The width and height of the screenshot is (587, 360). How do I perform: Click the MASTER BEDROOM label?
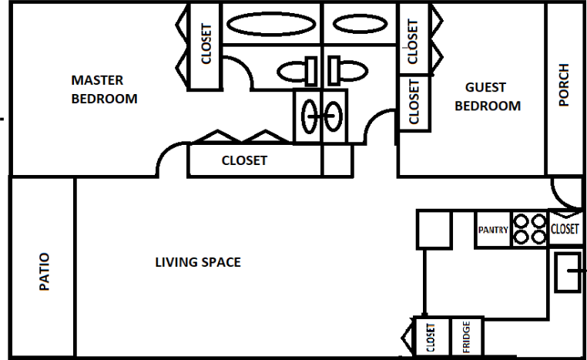click(104, 89)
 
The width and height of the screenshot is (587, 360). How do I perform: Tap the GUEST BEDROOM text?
click(488, 96)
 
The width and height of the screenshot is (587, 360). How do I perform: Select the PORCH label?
click(564, 84)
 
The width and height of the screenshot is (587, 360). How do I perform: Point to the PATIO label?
click(44, 271)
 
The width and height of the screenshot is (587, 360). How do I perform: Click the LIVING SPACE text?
click(198, 262)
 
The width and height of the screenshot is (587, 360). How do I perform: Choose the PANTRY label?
click(493, 230)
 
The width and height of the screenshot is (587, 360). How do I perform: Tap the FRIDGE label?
click(467, 338)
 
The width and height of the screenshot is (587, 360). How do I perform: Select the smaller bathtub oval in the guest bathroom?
click(358, 23)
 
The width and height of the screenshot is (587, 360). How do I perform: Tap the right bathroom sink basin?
click(334, 117)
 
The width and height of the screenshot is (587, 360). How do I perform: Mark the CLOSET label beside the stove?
click(565, 229)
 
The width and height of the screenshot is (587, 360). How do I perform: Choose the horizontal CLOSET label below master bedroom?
click(244, 160)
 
